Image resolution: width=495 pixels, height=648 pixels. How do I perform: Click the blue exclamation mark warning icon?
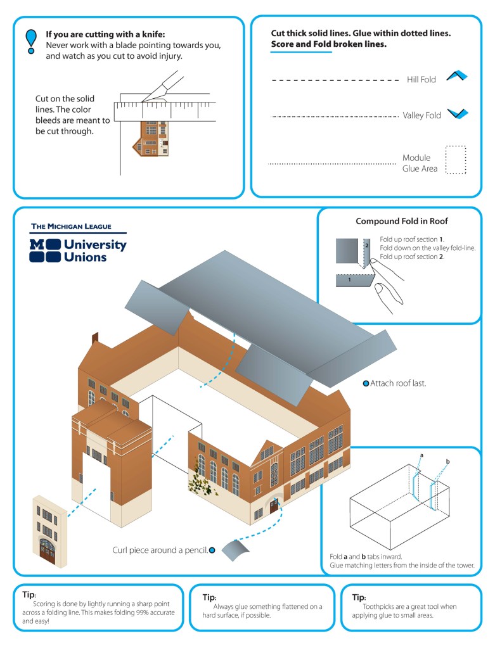click(x=30, y=40)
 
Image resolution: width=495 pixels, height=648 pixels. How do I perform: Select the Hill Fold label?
click(x=421, y=80)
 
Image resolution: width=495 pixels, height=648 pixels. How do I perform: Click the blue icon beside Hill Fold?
click(x=456, y=76)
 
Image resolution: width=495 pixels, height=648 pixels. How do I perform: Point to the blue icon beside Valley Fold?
click(x=456, y=114)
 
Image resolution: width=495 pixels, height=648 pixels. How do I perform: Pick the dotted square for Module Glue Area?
click(x=455, y=160)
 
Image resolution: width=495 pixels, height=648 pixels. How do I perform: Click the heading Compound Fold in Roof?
click(x=401, y=221)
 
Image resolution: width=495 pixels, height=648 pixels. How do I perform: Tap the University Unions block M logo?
click(x=45, y=250)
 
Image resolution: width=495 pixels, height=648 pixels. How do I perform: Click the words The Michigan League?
click(x=71, y=226)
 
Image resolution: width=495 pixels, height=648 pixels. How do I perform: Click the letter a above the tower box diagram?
click(x=421, y=455)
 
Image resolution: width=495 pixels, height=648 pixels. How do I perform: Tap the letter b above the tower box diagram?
click(x=447, y=461)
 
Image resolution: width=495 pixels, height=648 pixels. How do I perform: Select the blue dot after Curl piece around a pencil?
click(x=212, y=550)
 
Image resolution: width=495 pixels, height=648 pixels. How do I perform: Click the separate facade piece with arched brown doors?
click(x=49, y=532)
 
